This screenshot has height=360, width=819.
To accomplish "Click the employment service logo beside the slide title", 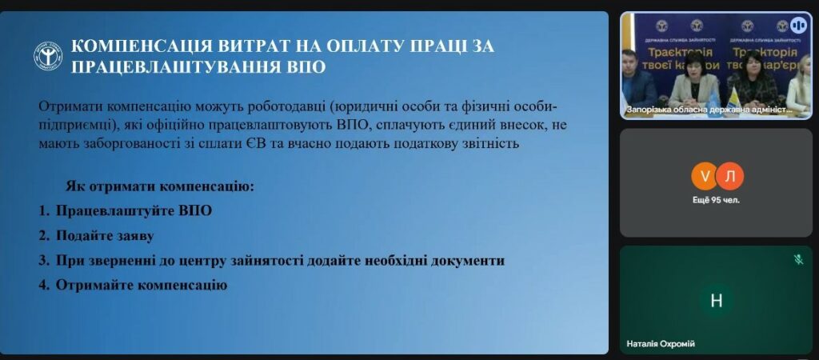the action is coord(48,56).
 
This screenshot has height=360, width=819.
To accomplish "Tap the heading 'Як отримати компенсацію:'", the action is coord(160,186).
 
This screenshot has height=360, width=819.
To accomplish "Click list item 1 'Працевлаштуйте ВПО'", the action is coord(126,211).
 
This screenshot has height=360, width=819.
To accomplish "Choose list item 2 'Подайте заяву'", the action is coord(96,236).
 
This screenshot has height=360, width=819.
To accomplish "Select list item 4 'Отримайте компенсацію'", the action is coord(133,286).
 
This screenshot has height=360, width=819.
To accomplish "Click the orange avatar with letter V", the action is coord(705,177).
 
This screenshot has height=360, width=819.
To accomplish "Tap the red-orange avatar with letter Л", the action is coord(730,177).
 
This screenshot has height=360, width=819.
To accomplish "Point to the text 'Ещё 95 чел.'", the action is coord(716,199).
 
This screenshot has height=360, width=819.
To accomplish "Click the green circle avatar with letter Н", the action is coord(717,301).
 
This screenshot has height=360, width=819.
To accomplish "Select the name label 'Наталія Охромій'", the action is coord(661,344).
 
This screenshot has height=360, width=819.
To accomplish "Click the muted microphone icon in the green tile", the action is coord(798,259).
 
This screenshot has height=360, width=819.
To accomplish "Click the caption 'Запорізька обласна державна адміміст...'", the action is coord(709,110).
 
